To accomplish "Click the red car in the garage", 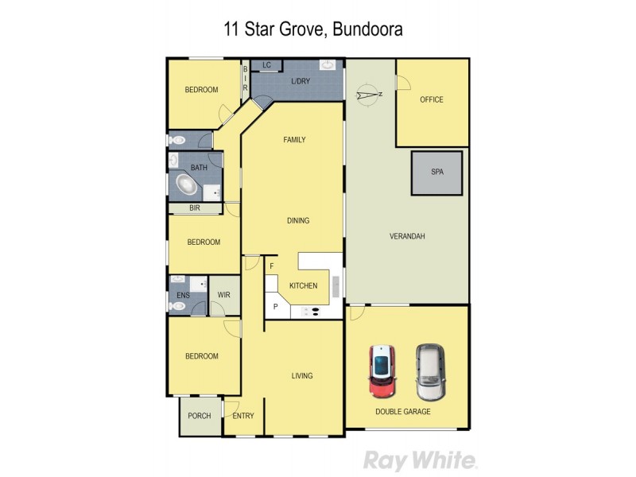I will (382, 371).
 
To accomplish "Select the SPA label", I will (436, 172).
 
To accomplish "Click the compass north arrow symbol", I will (367, 95).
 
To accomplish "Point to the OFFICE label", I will (432, 99).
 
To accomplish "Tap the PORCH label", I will (200, 416).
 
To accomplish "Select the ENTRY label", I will (243, 416).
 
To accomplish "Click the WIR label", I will (224, 295).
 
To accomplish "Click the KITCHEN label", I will (303, 285).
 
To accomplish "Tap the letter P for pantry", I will (276, 306).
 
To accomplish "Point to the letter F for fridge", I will (271, 266).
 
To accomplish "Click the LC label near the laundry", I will (266, 64).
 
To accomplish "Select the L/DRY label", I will (300, 82).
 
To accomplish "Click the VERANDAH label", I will (407, 237).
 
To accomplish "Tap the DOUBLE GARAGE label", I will (403, 412).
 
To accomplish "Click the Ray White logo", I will (421, 460).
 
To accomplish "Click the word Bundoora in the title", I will (369, 30).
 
